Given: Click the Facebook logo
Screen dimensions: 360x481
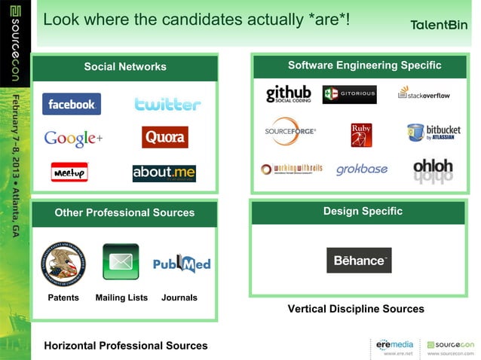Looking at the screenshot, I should click(x=72, y=105).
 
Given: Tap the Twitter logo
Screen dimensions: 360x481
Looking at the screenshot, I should click(x=167, y=105).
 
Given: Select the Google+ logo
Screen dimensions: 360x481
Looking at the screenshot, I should click(x=73, y=139).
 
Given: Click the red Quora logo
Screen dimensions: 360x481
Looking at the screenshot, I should click(x=164, y=137).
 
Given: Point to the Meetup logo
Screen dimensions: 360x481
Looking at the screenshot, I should click(x=69, y=172).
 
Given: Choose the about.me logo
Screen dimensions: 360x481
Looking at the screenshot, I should click(x=164, y=173).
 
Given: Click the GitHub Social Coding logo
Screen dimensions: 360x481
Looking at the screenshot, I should click(x=288, y=94).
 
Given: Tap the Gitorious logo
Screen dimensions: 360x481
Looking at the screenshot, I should click(x=349, y=95).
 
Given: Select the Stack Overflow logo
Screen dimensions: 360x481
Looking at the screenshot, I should click(x=424, y=94).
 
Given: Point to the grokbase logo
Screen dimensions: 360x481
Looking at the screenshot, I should click(x=361, y=169).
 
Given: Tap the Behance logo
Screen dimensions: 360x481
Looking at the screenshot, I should click(x=359, y=260).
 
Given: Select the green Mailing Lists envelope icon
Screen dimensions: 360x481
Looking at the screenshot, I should click(x=121, y=261).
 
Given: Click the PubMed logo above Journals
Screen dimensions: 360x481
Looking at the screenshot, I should click(x=182, y=264).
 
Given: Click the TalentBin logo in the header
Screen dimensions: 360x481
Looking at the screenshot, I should click(x=438, y=25).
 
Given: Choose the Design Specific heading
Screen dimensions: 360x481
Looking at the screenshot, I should click(x=363, y=212).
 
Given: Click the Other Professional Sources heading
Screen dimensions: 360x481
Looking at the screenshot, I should click(x=124, y=213).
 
